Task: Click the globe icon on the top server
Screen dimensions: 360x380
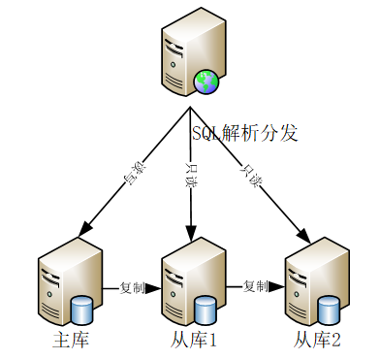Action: [x=206, y=83]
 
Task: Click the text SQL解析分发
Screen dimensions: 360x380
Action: [x=244, y=134]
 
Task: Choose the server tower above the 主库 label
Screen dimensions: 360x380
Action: [x=64, y=281]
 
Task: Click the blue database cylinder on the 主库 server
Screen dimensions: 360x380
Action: [x=82, y=311]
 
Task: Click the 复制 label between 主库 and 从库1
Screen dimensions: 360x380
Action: [x=133, y=288]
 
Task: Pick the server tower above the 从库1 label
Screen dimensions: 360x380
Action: [x=188, y=281]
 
